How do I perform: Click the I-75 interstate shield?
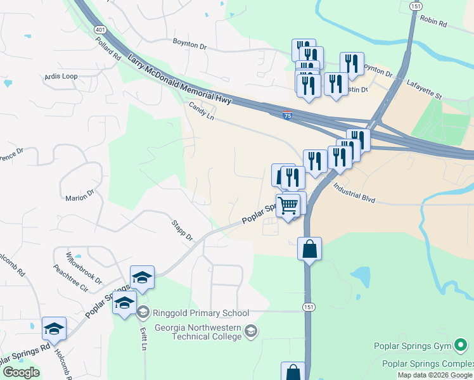(x=288, y=116)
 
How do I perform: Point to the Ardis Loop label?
(x=61, y=77)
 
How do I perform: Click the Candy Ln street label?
(x=202, y=112)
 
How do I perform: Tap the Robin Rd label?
(x=433, y=23)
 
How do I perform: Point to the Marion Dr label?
(x=80, y=197)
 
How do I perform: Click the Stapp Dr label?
(x=182, y=230)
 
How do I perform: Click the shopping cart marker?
(x=288, y=205)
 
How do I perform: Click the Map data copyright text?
(x=435, y=376)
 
